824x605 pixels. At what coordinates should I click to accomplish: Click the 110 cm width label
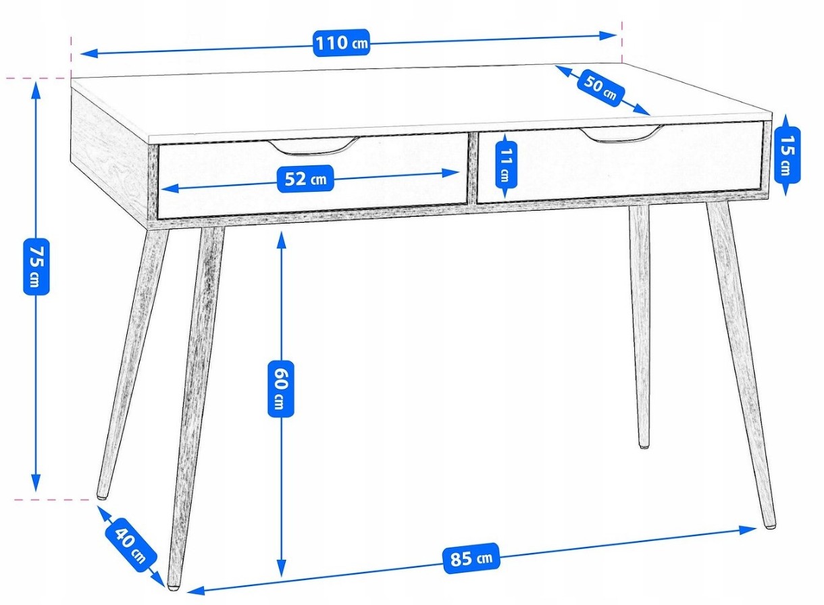coord(341,43)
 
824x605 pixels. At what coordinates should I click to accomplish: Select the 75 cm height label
coord(36,267)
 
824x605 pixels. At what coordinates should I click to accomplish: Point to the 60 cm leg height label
coord(281,389)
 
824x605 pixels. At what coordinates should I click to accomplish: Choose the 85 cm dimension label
coord(471,558)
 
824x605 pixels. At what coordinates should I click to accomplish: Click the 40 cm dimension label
coord(131,546)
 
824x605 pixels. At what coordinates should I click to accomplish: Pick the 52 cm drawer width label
coord(305,179)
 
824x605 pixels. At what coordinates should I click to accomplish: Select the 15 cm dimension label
coord(788,155)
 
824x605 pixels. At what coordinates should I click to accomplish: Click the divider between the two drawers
coord(473,168)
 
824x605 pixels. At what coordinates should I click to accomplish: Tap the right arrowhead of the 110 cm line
coord(608,35)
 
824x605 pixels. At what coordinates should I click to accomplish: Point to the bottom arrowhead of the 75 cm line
coord(36,483)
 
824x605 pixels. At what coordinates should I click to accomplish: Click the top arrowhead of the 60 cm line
coord(282,240)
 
